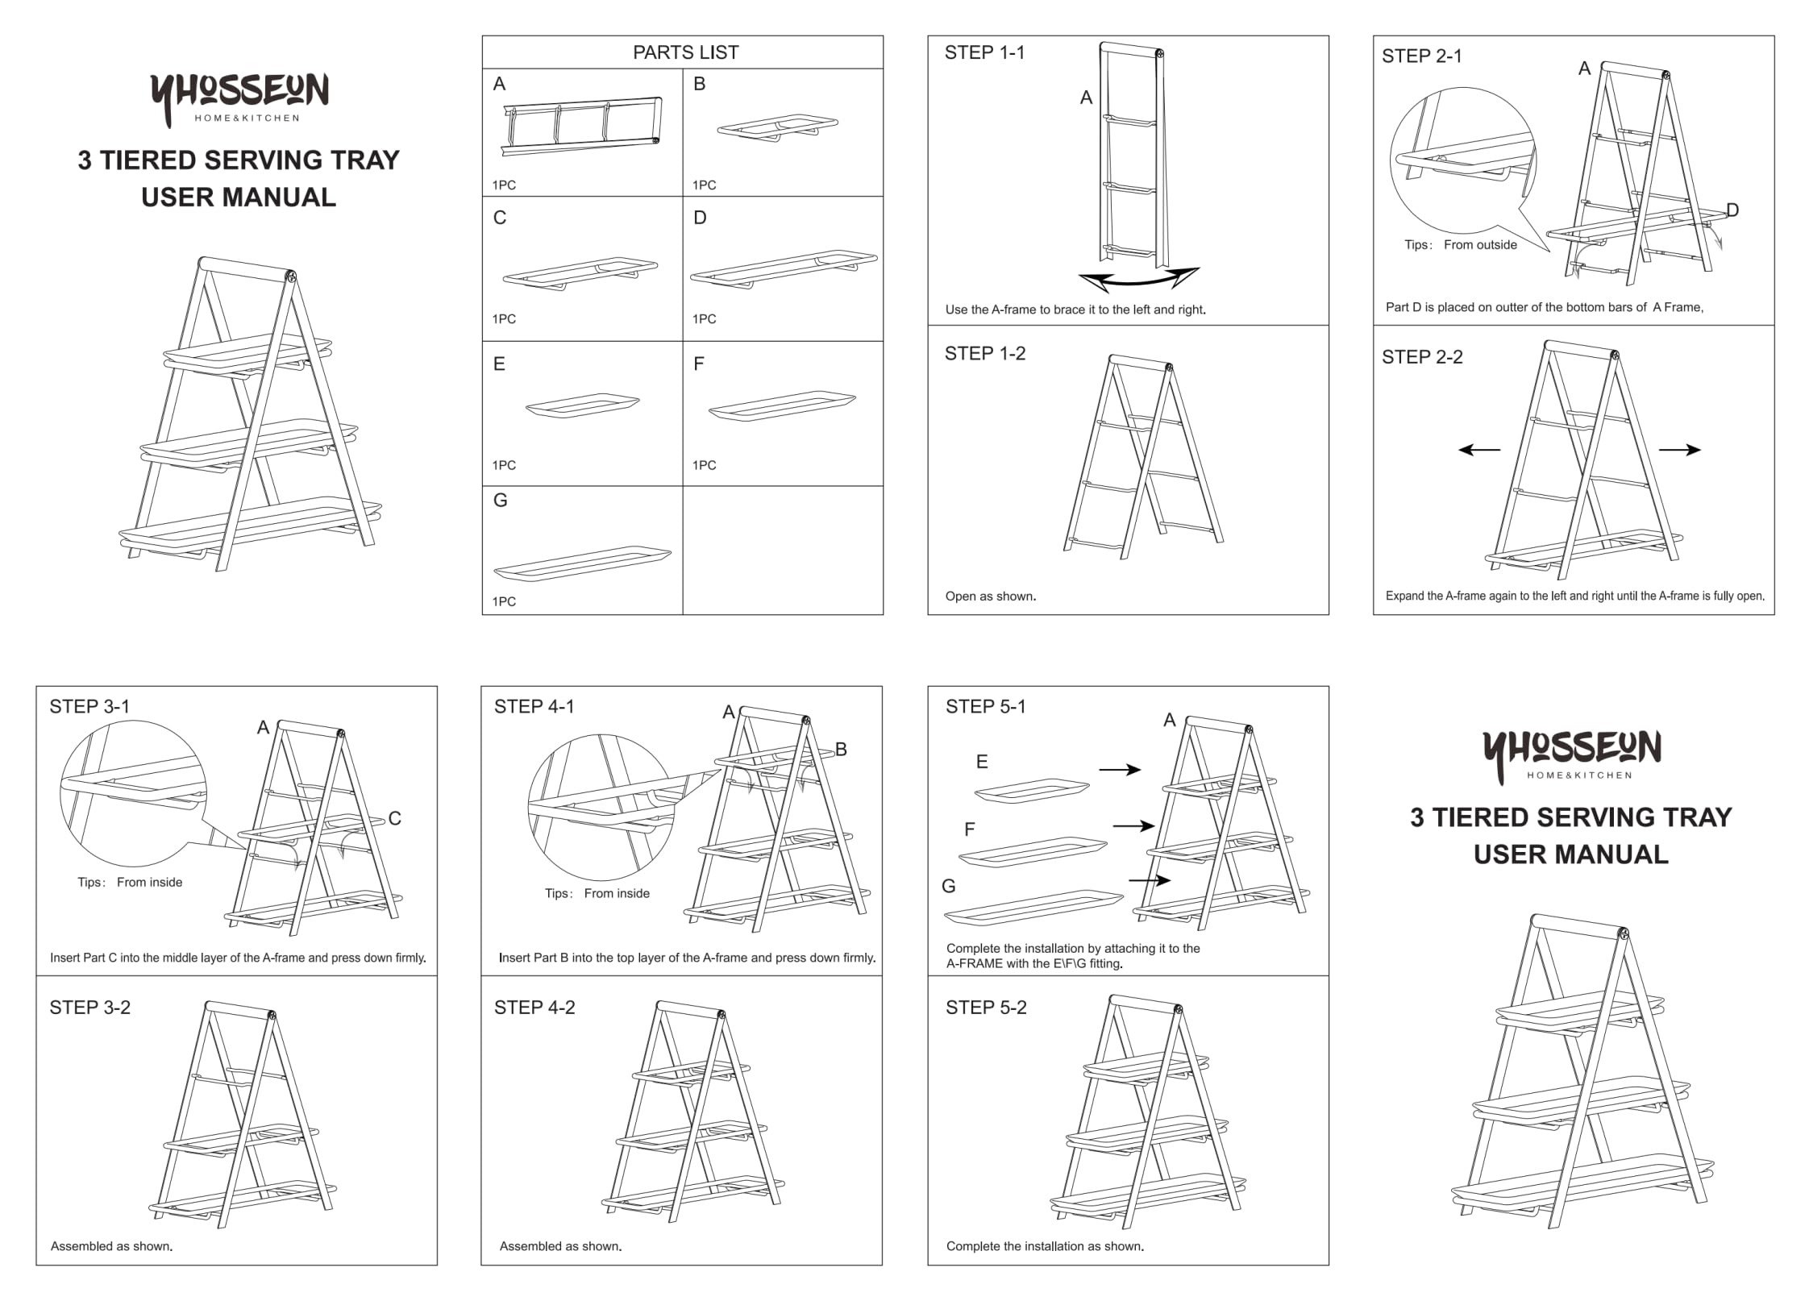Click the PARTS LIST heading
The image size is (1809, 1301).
(684, 52)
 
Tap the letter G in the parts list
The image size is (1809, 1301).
(500, 501)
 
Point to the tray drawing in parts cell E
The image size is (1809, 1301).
(582, 405)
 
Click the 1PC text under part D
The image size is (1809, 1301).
(704, 319)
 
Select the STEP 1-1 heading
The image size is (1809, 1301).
(984, 53)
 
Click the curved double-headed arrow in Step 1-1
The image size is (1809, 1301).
(1138, 279)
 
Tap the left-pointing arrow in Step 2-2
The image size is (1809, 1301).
(1478, 450)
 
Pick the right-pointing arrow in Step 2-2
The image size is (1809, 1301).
(1679, 450)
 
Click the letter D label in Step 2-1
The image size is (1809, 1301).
(1732, 210)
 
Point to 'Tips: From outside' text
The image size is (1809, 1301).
(1460, 245)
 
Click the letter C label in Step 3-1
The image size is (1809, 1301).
(394, 819)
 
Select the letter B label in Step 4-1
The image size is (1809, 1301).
(840, 750)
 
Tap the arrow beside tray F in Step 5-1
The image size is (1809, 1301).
(1133, 826)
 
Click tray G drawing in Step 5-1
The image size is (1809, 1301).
(1033, 908)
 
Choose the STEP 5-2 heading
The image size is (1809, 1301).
(985, 1008)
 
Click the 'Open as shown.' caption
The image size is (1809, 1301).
(990, 596)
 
